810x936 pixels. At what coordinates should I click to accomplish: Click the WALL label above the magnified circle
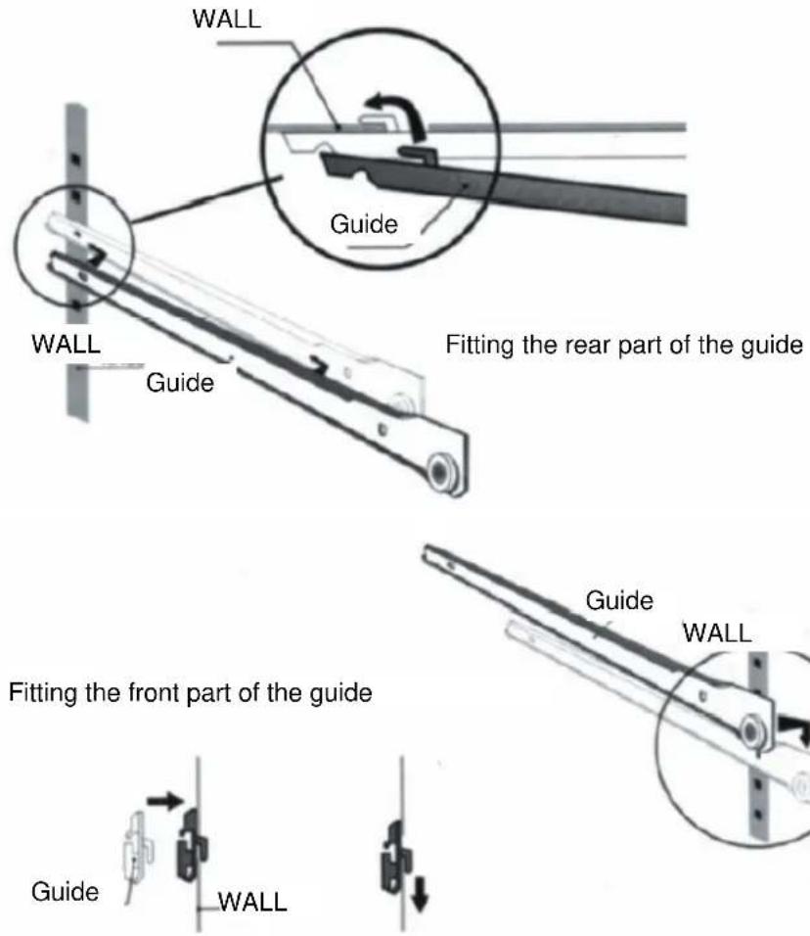point(226,21)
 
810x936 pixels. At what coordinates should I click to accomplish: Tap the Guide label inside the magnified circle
point(362,224)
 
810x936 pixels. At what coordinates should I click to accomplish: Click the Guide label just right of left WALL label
point(179,381)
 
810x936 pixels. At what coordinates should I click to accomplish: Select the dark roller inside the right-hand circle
point(751,730)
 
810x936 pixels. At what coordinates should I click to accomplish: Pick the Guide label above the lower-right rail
point(618,599)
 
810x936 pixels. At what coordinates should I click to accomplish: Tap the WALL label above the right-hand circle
point(717,632)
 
